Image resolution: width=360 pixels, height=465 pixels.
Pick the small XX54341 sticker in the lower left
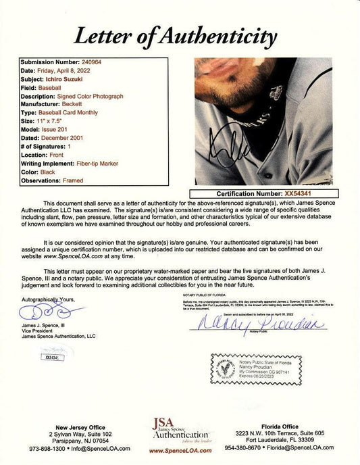[x=51, y=357]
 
